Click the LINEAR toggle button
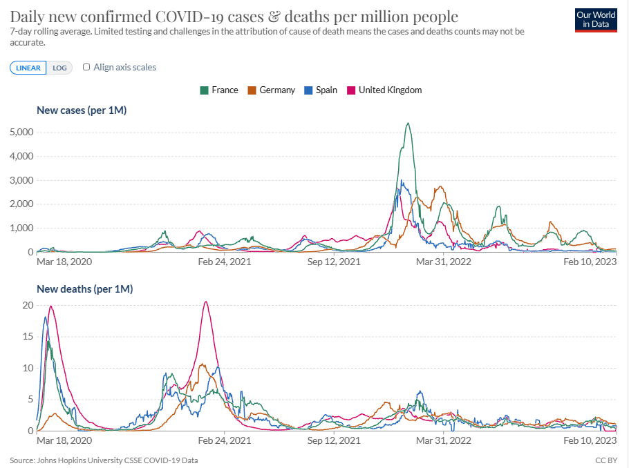pyautogui.click(x=28, y=68)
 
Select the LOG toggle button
pyautogui.click(x=60, y=68)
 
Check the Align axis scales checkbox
pyautogui.click(x=86, y=67)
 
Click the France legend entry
pyautogui.click(x=219, y=90)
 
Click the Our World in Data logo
pyautogui.click(x=595, y=20)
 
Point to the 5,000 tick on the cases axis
pyautogui.click(x=20, y=132)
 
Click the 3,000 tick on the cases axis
pyautogui.click(x=20, y=180)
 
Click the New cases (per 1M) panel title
pyautogui.click(x=81, y=110)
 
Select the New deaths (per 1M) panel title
pyautogui.click(x=84, y=289)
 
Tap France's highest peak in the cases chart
pyautogui.click(x=408, y=124)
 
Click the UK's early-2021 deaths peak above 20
pyautogui.click(x=205, y=302)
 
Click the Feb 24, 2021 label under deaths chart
pyautogui.click(x=225, y=440)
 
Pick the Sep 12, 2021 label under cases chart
pyautogui.click(x=334, y=262)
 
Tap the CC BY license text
pyautogui.click(x=605, y=460)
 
